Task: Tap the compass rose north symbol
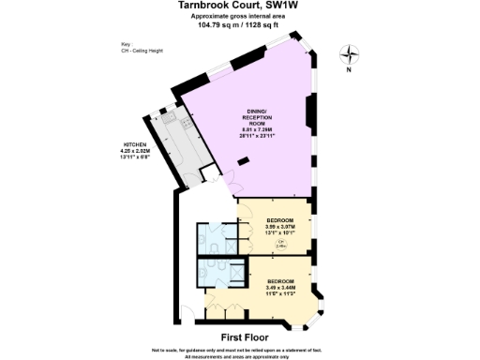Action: point(348,54)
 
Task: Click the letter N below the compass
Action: point(348,70)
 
